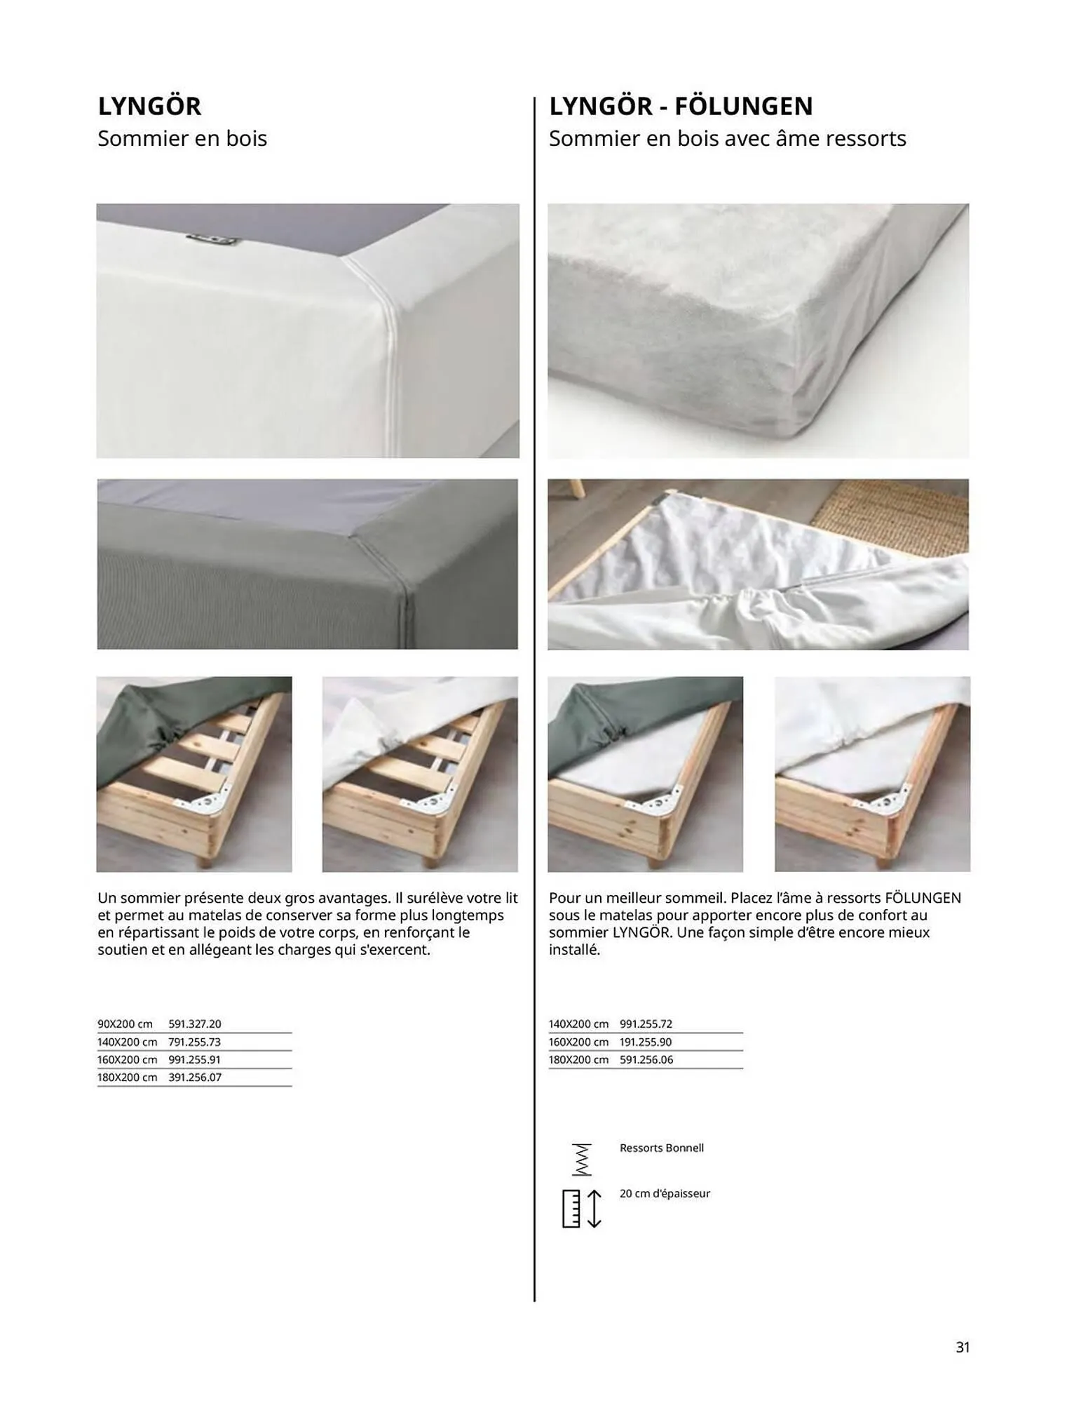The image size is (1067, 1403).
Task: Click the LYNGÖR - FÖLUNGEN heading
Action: pos(680,106)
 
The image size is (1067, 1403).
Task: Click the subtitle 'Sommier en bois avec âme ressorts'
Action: pos(727,139)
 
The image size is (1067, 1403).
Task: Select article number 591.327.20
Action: pos(194,1024)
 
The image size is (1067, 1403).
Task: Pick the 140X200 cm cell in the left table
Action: pos(127,1042)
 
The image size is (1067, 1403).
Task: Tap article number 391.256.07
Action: pos(194,1078)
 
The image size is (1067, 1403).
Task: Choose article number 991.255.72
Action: pos(646,1024)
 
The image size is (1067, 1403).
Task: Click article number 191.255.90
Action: pos(646,1042)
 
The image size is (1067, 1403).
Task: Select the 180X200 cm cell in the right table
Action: pos(578,1060)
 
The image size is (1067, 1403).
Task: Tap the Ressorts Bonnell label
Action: pos(661,1148)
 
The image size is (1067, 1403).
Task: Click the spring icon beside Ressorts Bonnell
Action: pos(581,1160)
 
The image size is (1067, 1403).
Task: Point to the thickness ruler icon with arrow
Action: pos(581,1209)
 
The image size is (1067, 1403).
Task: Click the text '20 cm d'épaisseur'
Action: pos(664,1193)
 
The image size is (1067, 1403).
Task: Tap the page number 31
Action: pos(963,1347)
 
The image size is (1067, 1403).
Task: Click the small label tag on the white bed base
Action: pos(212,240)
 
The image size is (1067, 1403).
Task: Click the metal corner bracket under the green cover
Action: pos(208,801)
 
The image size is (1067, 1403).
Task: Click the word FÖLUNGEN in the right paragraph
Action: pos(923,898)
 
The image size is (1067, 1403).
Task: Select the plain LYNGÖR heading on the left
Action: pos(149,106)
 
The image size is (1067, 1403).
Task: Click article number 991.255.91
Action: pos(194,1060)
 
